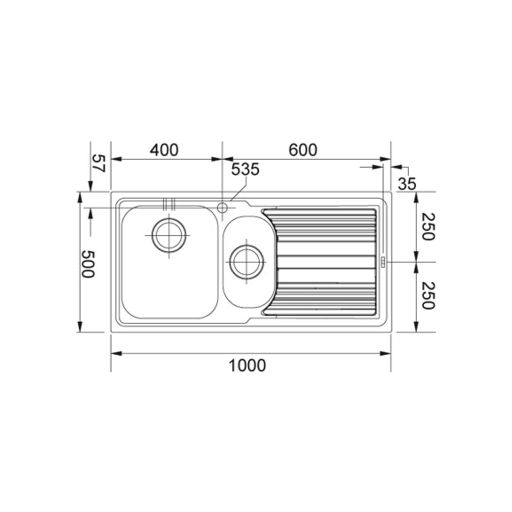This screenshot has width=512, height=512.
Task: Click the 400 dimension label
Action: [x=164, y=150]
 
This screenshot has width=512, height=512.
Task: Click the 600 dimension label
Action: [x=302, y=150]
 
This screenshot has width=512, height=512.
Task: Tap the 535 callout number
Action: [x=245, y=169]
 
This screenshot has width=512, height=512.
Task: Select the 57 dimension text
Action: [x=98, y=163]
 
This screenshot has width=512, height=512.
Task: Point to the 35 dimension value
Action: [x=407, y=184]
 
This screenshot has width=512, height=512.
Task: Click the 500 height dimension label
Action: [x=88, y=264]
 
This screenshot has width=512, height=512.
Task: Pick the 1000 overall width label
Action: [x=247, y=365]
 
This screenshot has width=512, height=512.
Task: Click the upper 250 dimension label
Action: [x=428, y=226]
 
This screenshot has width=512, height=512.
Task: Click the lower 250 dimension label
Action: [x=428, y=295]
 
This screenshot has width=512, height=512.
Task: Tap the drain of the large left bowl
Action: [x=169, y=235]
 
